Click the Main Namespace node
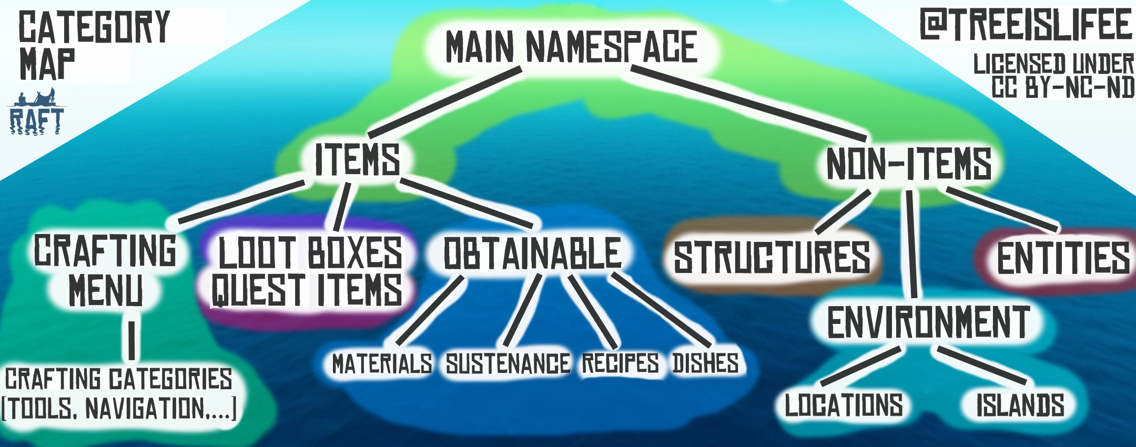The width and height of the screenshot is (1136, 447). [x=571, y=47]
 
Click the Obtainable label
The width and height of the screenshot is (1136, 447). [x=532, y=253]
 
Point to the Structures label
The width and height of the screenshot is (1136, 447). [x=772, y=257]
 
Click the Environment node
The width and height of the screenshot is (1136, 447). [x=928, y=322]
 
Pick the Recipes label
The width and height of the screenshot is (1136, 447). [x=620, y=363]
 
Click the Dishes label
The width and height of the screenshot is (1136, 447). [x=705, y=363]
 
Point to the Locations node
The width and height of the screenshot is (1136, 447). [x=844, y=405]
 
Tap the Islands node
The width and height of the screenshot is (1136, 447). [x=1020, y=405]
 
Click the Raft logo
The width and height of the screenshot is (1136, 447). [x=36, y=114]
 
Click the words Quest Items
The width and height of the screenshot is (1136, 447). [x=307, y=290]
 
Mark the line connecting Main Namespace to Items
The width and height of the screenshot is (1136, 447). [x=444, y=102]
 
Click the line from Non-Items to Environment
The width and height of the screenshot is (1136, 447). [x=911, y=245]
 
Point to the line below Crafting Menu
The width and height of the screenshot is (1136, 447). [x=131, y=340]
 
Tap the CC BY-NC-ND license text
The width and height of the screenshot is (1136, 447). [x=1062, y=87]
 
